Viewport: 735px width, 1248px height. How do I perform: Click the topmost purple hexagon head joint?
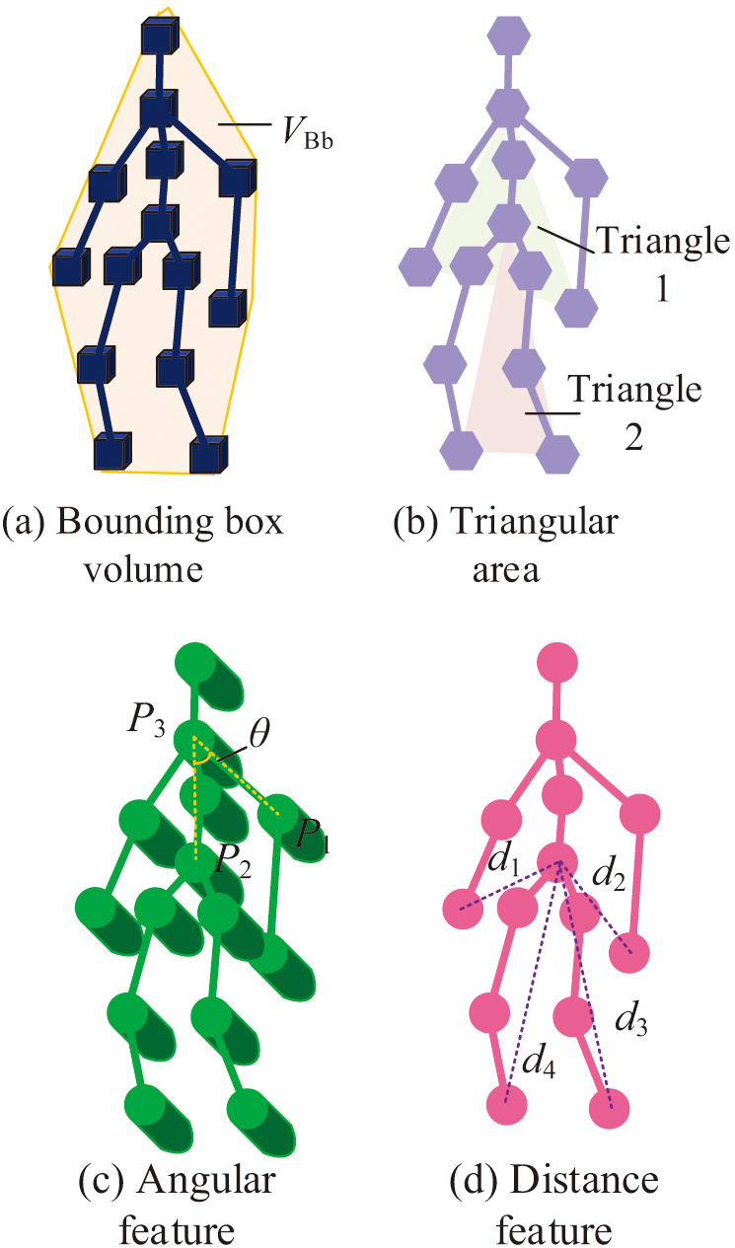pos(508,38)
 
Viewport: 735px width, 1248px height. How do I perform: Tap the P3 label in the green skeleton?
pos(146,718)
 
